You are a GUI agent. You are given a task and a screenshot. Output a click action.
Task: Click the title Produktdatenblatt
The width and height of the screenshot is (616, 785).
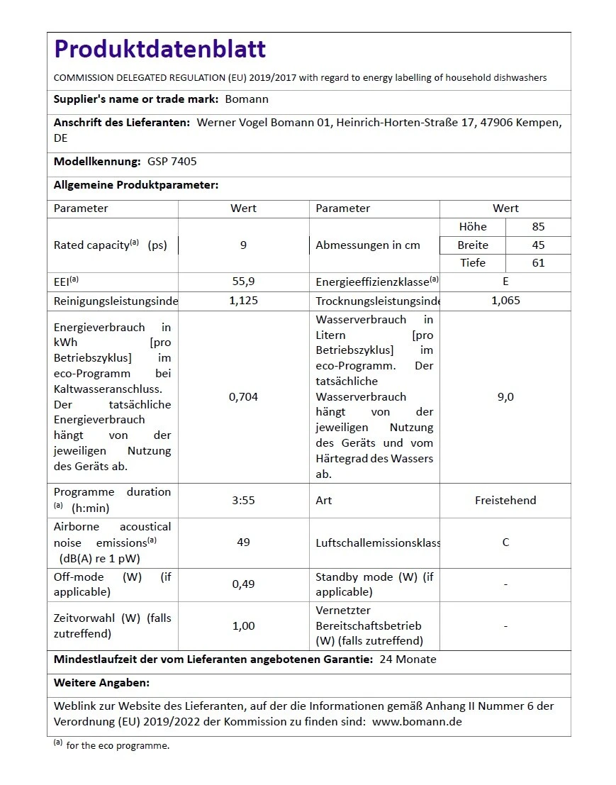click(x=160, y=49)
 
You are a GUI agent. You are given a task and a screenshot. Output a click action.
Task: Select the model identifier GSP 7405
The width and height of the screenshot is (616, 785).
click(x=172, y=162)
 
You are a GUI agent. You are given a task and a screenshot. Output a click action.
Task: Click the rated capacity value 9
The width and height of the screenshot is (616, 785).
click(x=243, y=245)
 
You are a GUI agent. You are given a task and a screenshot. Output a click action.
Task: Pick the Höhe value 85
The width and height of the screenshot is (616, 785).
click(x=538, y=227)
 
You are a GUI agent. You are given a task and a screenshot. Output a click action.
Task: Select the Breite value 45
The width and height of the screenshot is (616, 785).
click(x=538, y=245)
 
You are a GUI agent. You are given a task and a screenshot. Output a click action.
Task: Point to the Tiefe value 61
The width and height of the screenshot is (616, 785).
click(x=538, y=263)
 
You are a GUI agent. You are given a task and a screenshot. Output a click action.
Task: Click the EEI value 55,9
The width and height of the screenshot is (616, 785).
click(x=243, y=282)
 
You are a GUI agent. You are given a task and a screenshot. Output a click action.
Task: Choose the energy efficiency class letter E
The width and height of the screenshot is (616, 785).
click(x=505, y=282)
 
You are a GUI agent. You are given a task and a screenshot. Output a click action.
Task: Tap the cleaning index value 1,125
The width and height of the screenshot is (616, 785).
click(x=243, y=301)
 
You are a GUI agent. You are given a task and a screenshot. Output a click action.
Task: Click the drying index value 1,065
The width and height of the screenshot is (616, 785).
click(x=505, y=301)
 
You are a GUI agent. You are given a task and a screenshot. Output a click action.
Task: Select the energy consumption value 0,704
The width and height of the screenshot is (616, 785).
click(x=243, y=397)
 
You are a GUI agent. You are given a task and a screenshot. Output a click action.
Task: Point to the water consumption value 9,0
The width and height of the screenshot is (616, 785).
click(x=505, y=397)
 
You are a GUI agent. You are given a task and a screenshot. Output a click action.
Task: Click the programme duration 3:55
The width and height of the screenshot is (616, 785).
click(x=243, y=501)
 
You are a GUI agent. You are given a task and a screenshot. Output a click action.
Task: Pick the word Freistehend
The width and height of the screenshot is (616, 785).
click(x=505, y=501)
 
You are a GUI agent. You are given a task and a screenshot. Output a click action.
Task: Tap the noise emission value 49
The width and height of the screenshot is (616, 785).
click(x=243, y=542)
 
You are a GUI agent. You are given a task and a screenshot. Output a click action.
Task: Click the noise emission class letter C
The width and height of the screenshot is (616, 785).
click(x=505, y=542)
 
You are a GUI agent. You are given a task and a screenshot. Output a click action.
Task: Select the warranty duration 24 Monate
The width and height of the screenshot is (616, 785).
click(x=408, y=659)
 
